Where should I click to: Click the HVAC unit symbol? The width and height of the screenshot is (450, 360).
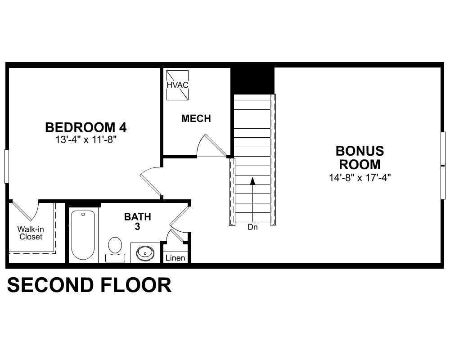tap(178, 85)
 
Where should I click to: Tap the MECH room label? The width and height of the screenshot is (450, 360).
tap(196, 118)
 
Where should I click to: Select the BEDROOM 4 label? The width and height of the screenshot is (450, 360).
tap(86, 127)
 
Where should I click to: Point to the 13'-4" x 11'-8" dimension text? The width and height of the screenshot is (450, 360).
tap(86, 140)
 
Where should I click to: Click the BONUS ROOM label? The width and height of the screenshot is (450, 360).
tap(360, 157)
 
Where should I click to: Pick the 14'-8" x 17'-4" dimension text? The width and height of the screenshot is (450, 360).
tap(360, 178)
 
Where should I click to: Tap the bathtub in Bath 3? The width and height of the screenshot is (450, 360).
tap(83, 235)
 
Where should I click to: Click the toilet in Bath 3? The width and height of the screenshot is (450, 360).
tap(115, 249)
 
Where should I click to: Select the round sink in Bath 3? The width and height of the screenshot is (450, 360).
tap(145, 253)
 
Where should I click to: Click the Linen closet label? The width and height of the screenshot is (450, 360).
tap(175, 258)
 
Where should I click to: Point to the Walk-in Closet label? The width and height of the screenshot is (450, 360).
tap(31, 233)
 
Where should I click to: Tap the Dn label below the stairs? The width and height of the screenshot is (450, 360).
tap(252, 227)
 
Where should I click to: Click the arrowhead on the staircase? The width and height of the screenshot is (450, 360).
tap(252, 181)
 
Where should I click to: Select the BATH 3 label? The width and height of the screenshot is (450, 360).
tap(137, 221)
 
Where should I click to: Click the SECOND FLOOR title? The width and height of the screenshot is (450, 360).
tap(89, 285)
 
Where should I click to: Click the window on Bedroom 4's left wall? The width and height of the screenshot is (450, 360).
tap(6, 166)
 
